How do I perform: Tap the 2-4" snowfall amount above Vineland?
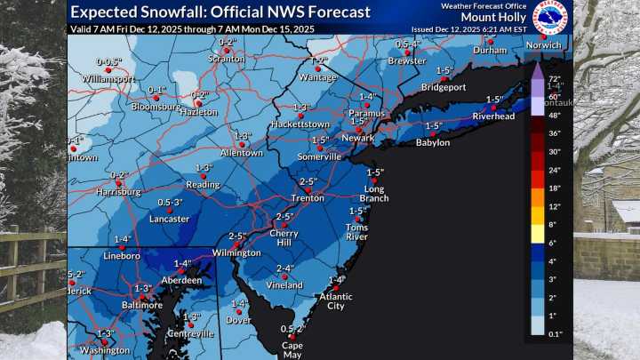click(x=285, y=268)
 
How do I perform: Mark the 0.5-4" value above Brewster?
click(x=407, y=44)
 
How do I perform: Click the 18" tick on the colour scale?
click(x=557, y=188)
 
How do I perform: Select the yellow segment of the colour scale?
click(x=536, y=234)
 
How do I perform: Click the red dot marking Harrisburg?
click(x=117, y=183)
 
